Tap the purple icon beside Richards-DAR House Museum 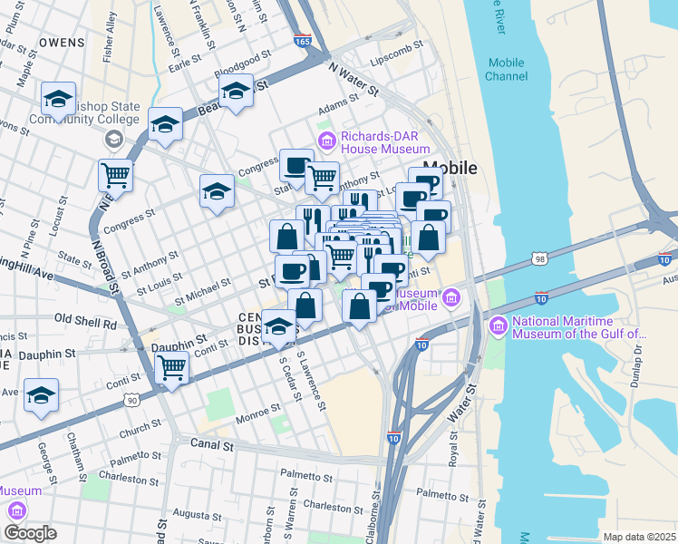(x=326, y=139)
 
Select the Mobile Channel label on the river (x=506, y=69)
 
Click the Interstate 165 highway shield (x=303, y=41)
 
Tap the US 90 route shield (x=132, y=399)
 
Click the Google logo (x=30, y=533)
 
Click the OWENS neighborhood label (x=63, y=43)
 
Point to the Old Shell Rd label (x=86, y=320)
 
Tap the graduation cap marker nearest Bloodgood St (x=236, y=92)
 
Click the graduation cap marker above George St (x=41, y=396)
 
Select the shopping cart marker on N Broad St (x=115, y=174)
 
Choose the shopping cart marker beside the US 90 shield (x=171, y=368)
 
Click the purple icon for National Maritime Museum (x=497, y=325)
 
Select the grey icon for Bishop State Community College (x=114, y=139)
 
